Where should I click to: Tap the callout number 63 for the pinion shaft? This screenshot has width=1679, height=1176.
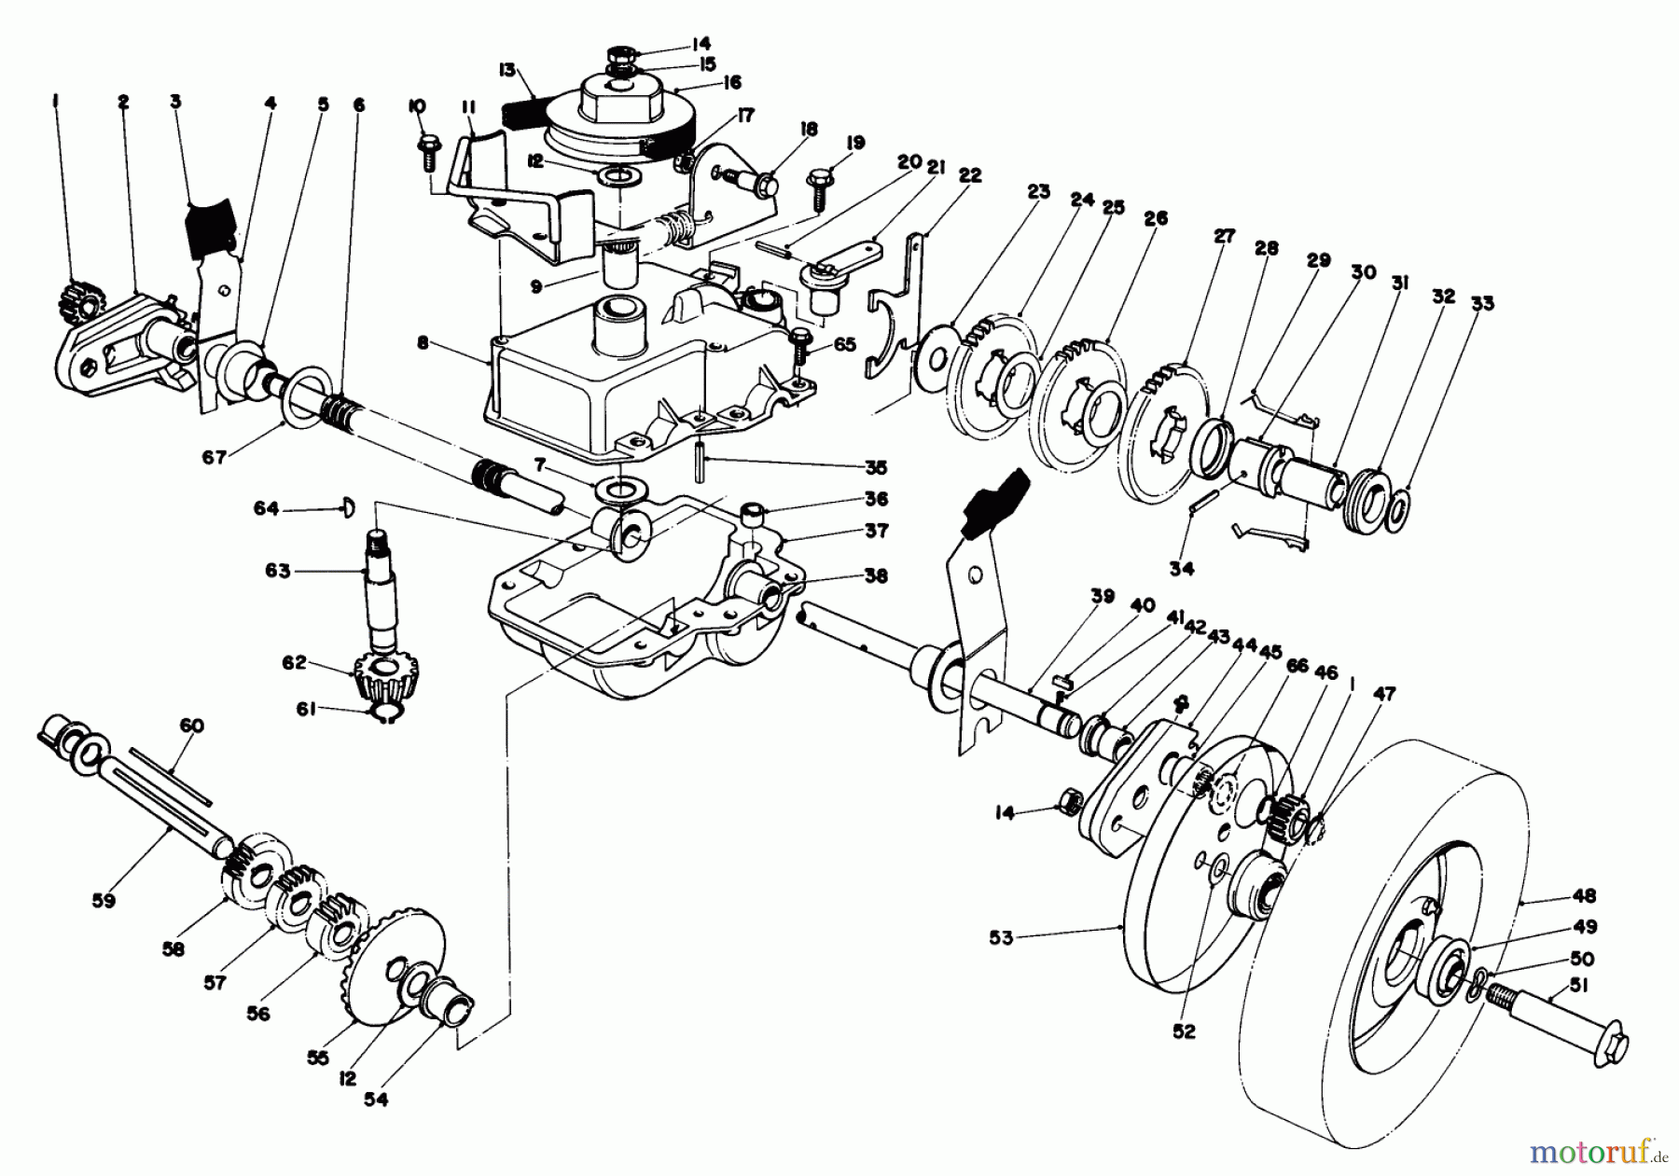[277, 570]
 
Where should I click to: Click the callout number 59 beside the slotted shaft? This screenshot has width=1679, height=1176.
[104, 900]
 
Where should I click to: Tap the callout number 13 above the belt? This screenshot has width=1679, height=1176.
[506, 69]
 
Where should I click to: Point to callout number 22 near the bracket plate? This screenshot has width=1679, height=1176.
[970, 175]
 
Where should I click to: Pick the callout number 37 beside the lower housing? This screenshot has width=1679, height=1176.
[875, 529]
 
